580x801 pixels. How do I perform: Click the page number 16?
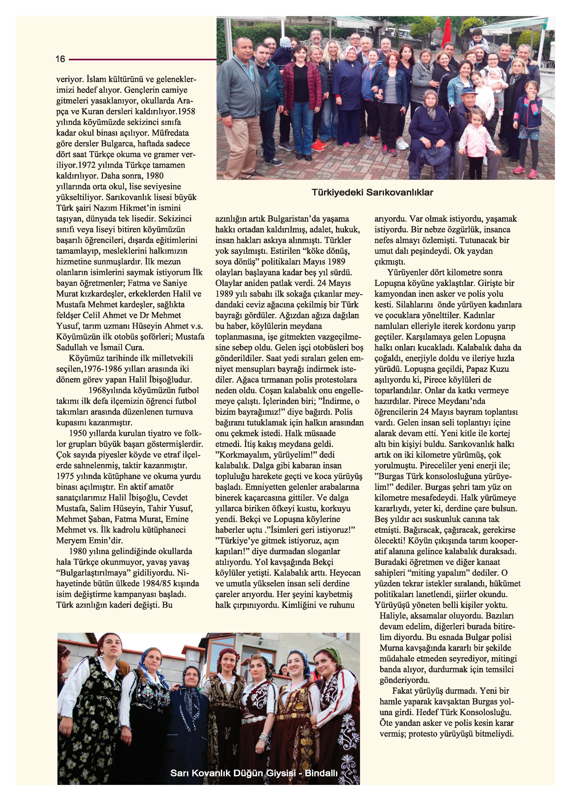(60, 59)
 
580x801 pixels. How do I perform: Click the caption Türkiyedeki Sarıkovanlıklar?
(372, 192)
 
